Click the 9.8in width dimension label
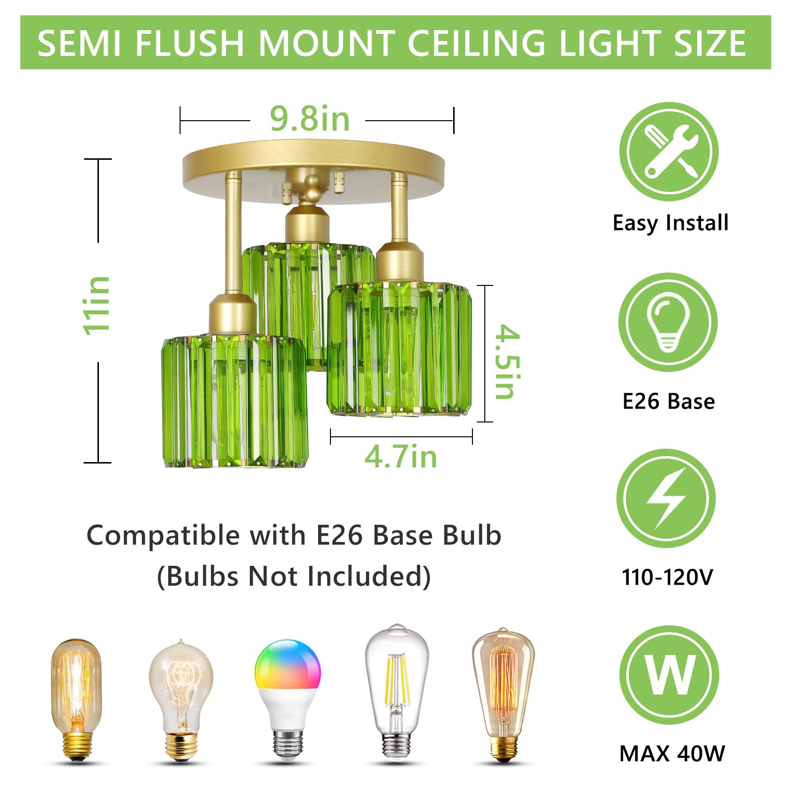click(310, 119)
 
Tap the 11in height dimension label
click(97, 305)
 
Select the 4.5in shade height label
click(508, 362)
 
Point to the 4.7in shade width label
click(401, 457)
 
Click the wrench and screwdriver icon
click(669, 151)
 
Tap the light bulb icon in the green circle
click(668, 322)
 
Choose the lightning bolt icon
click(666, 498)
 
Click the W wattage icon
click(669, 675)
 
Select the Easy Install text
click(670, 223)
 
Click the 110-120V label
click(667, 577)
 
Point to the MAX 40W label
click(672, 754)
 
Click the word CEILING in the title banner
click(476, 43)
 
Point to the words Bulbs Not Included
click(294, 576)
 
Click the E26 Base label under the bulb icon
click(668, 401)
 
